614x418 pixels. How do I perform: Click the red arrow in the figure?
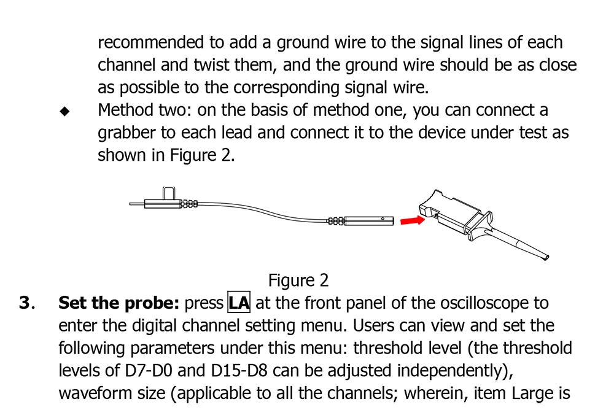click(411, 220)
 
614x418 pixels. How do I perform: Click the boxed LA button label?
click(239, 303)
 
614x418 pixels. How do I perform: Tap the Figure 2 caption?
click(298, 281)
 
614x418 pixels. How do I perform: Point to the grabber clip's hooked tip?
click(546, 258)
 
